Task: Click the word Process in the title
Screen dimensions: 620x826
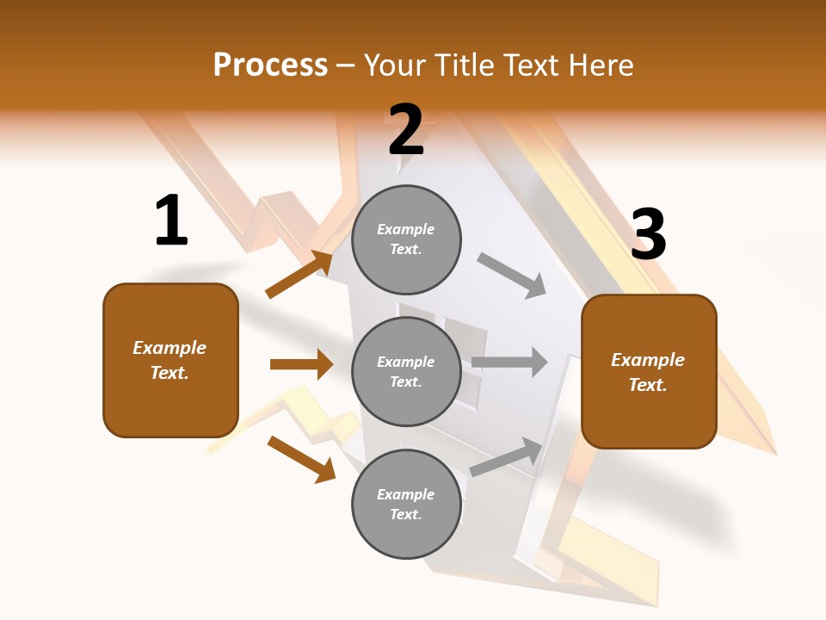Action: tap(270, 65)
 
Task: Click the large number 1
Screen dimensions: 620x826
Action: tap(171, 221)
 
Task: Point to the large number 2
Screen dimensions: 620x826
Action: tap(406, 130)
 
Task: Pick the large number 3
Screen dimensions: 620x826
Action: tap(649, 235)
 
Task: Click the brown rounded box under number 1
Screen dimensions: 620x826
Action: tap(170, 360)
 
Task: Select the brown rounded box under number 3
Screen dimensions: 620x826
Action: tap(649, 371)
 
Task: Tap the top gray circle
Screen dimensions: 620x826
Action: tap(406, 239)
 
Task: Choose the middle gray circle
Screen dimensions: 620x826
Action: tap(406, 371)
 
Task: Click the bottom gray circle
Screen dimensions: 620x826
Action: tap(406, 504)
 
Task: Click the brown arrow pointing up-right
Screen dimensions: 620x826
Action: tap(299, 274)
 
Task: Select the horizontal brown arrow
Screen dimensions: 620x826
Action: tap(301, 364)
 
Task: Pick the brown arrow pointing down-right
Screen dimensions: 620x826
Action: tap(301, 459)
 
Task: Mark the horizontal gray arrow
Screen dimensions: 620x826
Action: tap(509, 362)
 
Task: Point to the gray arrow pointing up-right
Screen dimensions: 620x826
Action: tap(507, 456)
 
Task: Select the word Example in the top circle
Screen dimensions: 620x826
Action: tap(406, 229)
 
